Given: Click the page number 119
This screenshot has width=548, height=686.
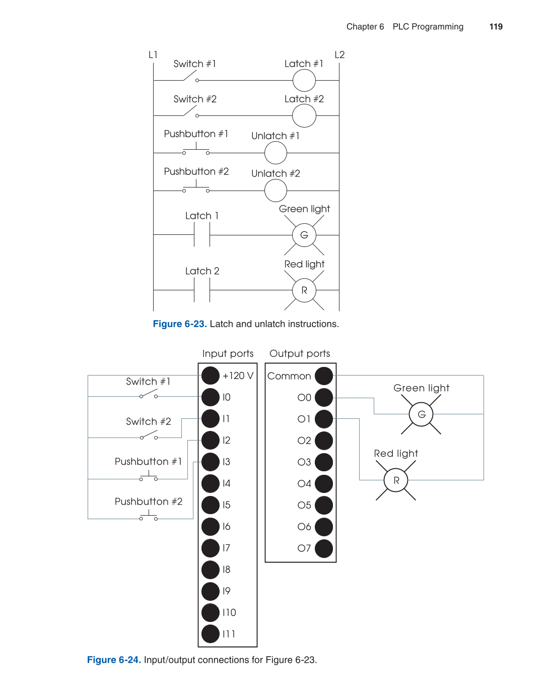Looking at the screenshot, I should (496, 27).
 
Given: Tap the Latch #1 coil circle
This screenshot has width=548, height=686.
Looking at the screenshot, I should (304, 81).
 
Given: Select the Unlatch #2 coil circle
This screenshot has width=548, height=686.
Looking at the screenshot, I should (276, 191).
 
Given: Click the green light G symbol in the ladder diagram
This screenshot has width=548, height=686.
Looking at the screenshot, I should (304, 235).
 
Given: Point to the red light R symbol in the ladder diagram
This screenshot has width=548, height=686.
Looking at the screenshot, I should (304, 290).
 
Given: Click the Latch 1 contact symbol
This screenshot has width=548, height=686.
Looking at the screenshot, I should (202, 235).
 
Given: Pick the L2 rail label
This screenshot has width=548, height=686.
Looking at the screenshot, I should (339, 54).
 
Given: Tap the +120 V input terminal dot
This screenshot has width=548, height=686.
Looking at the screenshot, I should (211, 376).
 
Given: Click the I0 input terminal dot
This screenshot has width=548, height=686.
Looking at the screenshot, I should (211, 397).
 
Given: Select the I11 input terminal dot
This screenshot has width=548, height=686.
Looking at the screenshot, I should (211, 634).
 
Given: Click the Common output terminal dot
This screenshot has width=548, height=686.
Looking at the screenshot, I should (324, 376).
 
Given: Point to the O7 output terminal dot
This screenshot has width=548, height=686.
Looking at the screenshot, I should (324, 548).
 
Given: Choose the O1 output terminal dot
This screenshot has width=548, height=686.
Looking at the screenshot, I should (324, 419).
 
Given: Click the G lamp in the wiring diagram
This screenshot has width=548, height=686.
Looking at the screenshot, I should (422, 414).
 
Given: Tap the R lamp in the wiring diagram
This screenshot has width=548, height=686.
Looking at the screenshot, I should (396, 480).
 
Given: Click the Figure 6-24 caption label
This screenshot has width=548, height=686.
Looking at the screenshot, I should (114, 660).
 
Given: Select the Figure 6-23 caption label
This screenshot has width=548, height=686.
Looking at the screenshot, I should (180, 324).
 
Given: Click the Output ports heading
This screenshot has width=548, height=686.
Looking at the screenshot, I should (300, 353).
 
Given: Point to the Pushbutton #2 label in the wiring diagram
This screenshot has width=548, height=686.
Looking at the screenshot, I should (149, 502).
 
